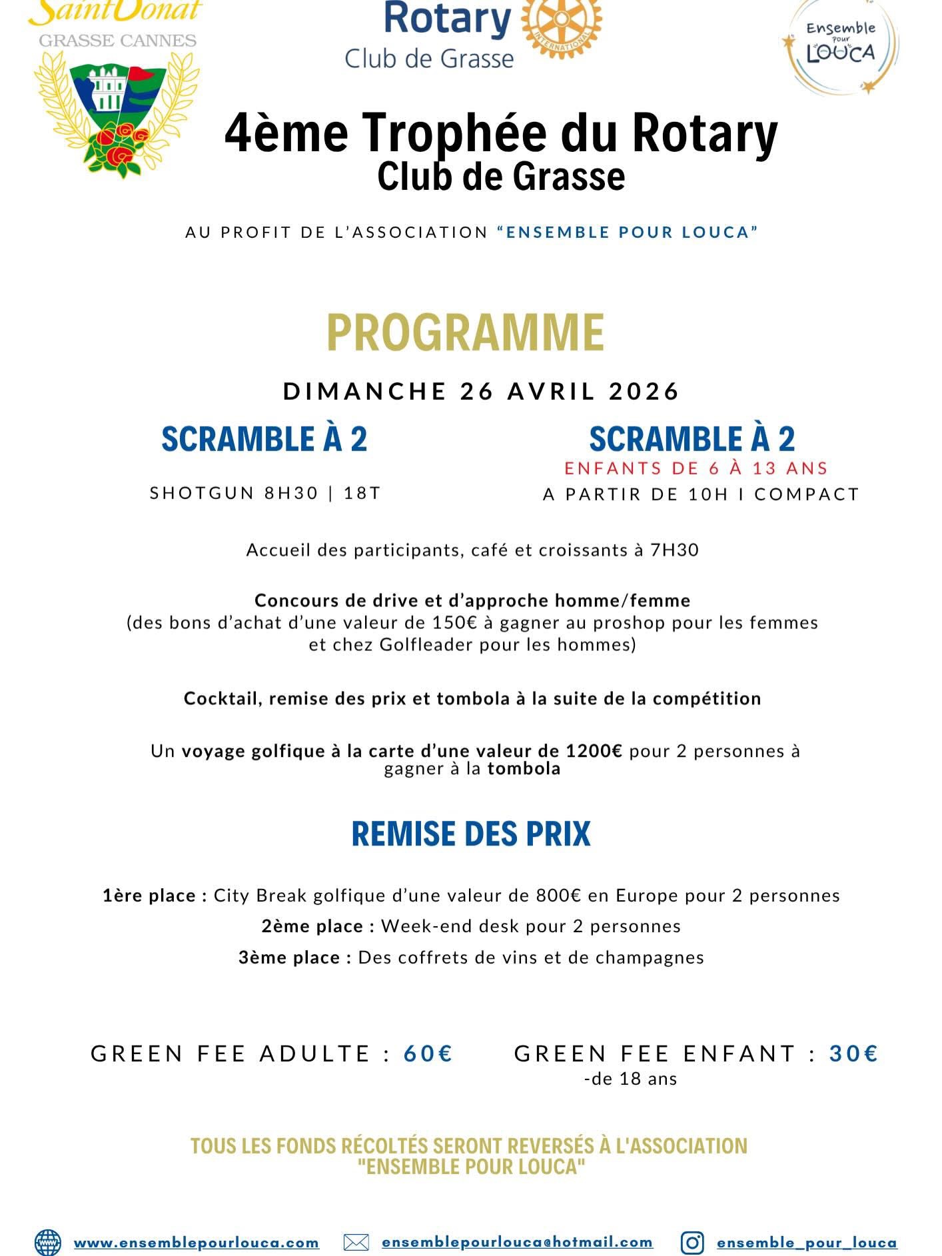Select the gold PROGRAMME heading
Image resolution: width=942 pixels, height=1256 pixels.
465,332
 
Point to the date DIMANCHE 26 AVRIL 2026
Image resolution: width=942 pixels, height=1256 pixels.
481,391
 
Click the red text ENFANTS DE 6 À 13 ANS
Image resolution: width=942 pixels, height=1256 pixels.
696,468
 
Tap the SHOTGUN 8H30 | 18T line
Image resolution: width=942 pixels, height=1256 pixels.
265,493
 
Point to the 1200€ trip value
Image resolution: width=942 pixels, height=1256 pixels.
594,751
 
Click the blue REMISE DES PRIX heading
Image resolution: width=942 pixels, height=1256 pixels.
471,834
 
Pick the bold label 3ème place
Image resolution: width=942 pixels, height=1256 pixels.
294,957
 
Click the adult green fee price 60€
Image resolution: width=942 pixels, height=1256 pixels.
428,1053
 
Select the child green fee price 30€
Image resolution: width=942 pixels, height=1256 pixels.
854,1053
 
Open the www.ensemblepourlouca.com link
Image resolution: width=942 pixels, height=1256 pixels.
196,1243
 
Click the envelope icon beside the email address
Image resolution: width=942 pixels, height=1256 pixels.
356,1243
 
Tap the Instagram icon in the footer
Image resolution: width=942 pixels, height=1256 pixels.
693,1243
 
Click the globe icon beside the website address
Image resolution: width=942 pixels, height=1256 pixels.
47,1243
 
